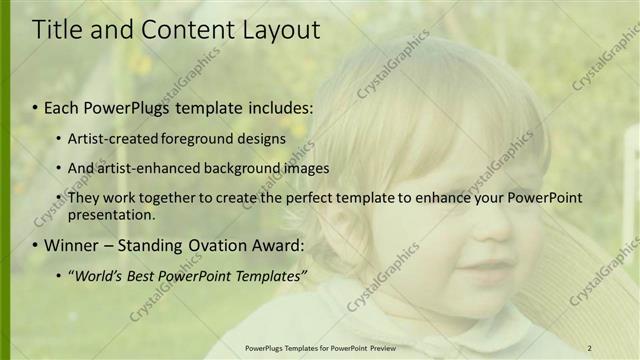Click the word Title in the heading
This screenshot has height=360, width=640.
click(57, 30)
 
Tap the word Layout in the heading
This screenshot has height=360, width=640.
click(282, 30)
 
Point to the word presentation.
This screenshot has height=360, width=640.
click(112, 214)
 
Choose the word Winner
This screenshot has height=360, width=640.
click(71, 244)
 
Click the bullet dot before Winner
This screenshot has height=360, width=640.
click(35, 245)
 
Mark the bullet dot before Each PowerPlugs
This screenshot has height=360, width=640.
click(35, 107)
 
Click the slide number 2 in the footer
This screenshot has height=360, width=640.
click(590, 348)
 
